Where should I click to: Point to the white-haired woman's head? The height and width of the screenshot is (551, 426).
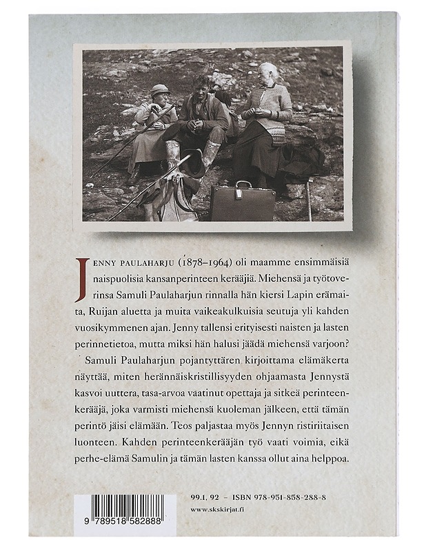click(x=269, y=72)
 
